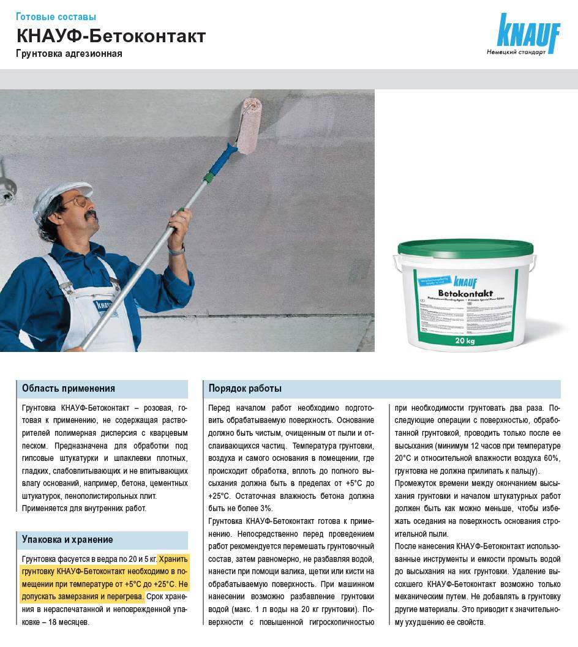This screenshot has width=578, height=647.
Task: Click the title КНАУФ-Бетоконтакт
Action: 110,36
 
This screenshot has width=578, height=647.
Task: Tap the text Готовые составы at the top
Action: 56,17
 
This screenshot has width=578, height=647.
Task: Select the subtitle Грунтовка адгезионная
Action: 69,54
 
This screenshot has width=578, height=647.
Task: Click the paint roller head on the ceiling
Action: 251,126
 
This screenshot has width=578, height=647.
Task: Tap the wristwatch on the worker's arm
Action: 176,249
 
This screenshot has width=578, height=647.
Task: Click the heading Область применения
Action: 69,389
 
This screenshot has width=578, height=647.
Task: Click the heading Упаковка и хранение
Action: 67,540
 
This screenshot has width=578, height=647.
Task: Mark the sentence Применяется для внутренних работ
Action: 84,508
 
